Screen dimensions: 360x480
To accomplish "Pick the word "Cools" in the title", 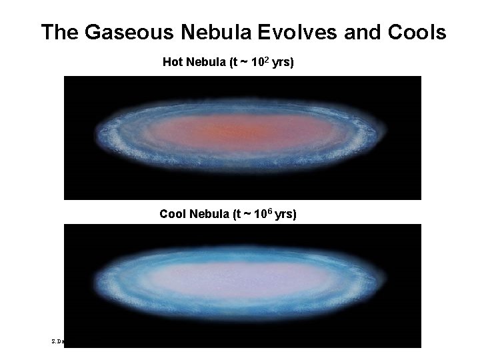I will coord(417,33).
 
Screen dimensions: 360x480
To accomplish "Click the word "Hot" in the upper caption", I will coord(173,63).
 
